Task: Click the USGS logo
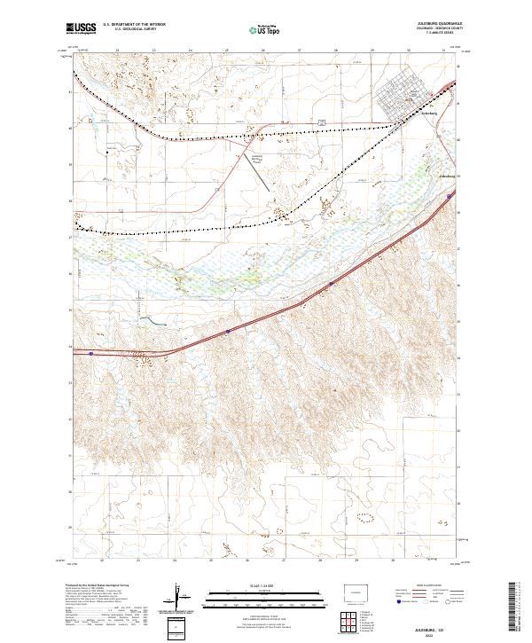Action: tap(82, 29)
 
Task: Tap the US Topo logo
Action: tap(266, 30)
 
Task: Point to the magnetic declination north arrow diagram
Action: tap(179, 599)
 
